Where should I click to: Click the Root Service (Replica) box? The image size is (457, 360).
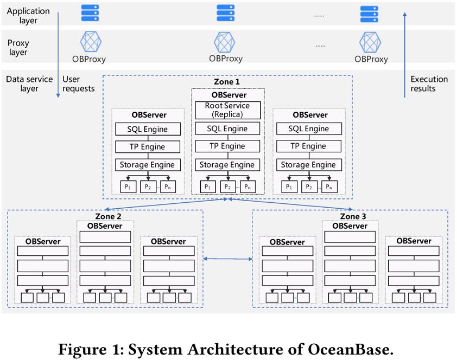point(227,110)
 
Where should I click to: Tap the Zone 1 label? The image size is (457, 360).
point(227,81)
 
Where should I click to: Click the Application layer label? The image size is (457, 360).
point(28,15)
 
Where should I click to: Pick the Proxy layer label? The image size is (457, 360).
point(18,48)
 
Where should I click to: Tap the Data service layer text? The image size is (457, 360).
point(29,83)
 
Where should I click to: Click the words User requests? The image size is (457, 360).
point(79,83)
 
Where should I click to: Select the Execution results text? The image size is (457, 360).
point(429,83)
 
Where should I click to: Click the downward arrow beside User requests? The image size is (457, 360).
point(59,54)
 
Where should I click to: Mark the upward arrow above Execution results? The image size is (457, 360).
point(404,54)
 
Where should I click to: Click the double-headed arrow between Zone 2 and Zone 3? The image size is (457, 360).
point(227,260)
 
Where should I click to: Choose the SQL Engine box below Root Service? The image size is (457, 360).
point(227,129)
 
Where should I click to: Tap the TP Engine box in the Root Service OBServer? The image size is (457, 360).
point(227,146)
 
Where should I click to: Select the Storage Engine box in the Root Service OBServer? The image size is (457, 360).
point(227,165)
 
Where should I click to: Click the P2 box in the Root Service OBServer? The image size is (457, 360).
point(227,187)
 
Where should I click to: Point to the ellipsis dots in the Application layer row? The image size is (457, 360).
point(319,15)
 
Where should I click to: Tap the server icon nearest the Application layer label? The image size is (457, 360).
point(90,13)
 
